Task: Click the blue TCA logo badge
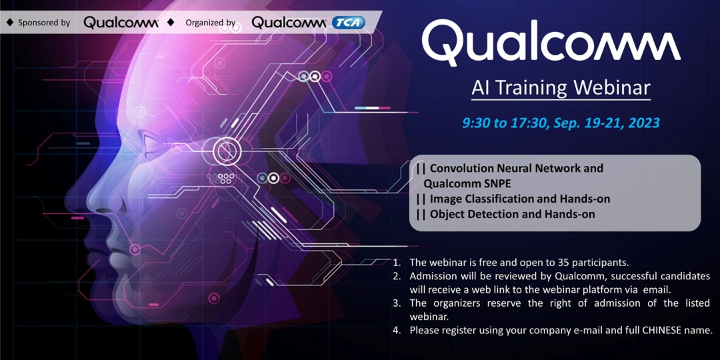pos(349,23)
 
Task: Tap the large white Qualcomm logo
pos(551,41)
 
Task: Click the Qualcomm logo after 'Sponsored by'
pos(121,23)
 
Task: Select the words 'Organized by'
pos(210,23)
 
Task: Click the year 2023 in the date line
pos(643,123)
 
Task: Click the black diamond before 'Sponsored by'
pos(9,23)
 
